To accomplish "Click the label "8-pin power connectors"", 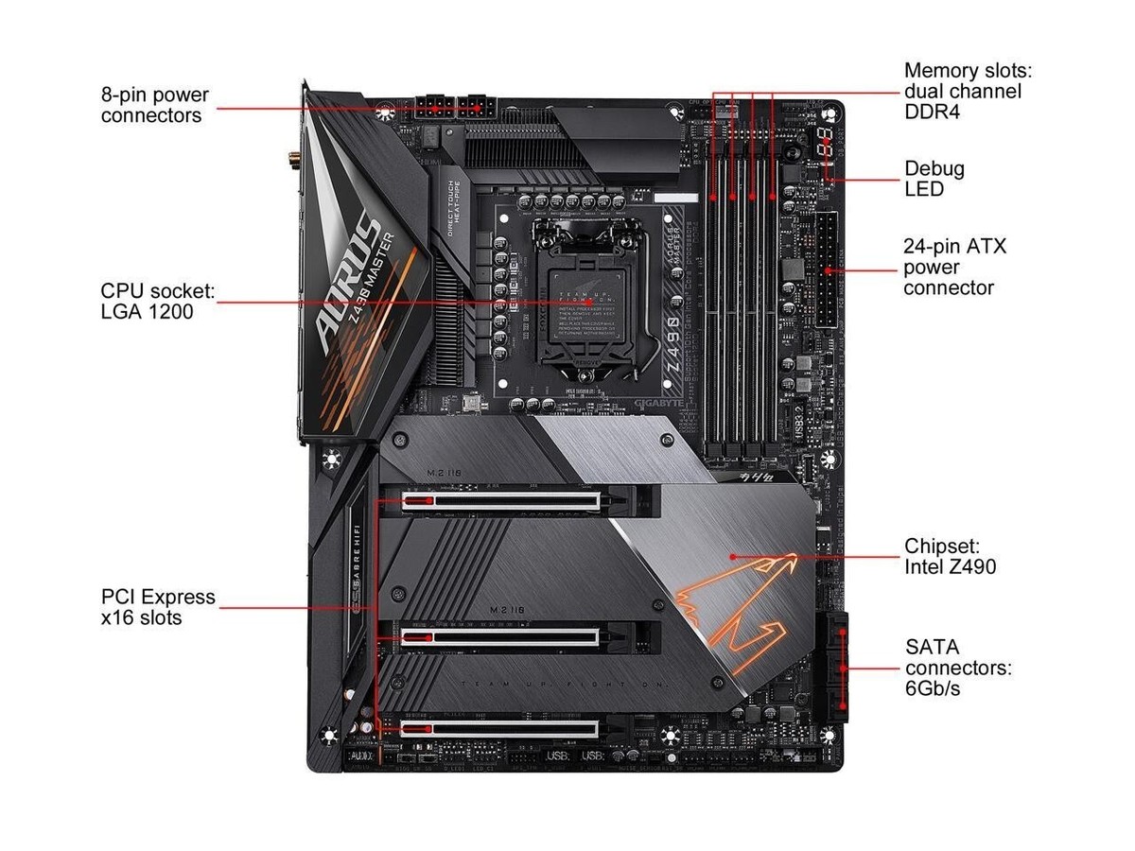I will pos(155,106).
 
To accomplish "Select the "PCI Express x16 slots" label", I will pos(158,607).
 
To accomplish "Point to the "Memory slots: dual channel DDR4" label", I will pos(962,92).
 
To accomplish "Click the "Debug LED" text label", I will pos(934,179).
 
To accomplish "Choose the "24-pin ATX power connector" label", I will pos(954,268).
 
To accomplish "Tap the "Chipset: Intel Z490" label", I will pos(950,557).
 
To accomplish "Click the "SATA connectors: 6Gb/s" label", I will pos(958,668).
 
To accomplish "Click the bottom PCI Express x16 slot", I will pos(501,729).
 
